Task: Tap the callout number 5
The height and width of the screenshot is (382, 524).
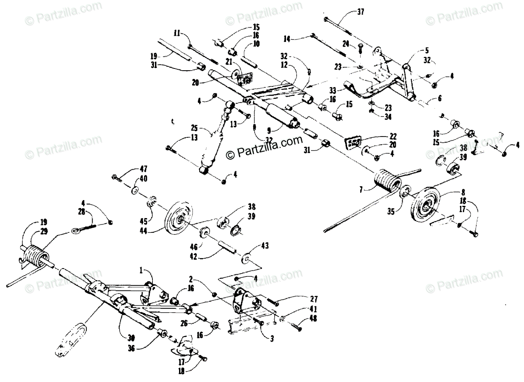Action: (426, 50)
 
